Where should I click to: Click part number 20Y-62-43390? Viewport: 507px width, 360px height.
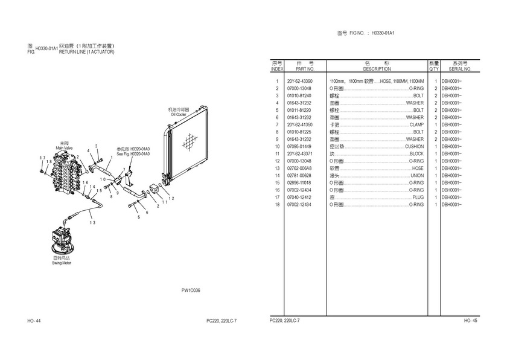[x=299, y=81]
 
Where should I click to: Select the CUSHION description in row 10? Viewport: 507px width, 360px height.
[x=414, y=146]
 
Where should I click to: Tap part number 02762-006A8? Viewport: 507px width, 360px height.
[x=300, y=168]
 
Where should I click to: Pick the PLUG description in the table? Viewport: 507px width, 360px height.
[x=418, y=197]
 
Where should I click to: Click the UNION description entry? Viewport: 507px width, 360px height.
[x=416, y=175]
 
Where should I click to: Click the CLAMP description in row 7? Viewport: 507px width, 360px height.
[x=416, y=124]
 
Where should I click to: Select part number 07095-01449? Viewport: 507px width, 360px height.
[x=299, y=146]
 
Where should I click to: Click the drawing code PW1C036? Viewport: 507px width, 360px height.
[x=191, y=291]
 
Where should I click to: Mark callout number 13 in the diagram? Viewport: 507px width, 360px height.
[x=92, y=223]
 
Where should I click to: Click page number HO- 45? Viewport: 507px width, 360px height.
[x=470, y=320]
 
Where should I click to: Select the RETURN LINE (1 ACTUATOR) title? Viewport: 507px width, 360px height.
[x=86, y=52]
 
